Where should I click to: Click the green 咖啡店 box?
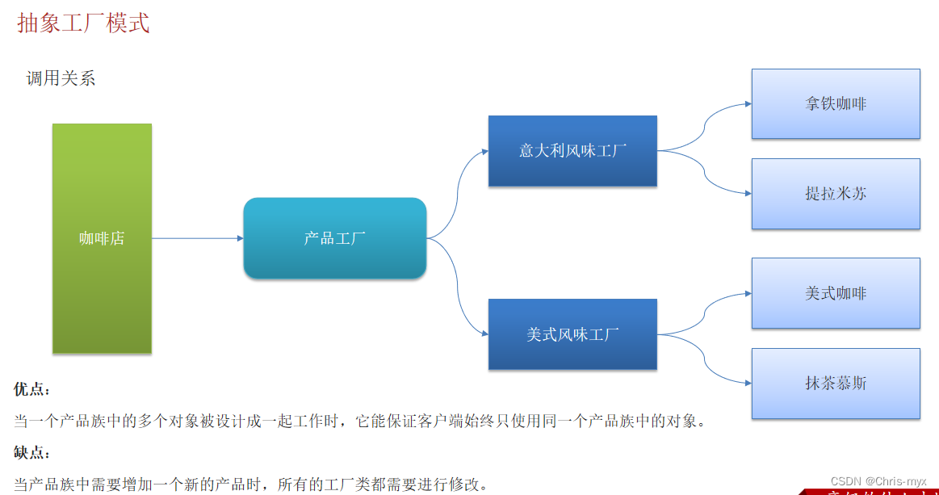[102, 238]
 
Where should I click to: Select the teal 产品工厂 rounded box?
[334, 238]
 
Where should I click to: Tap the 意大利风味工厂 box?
[572, 150]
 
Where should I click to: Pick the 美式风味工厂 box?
[572, 334]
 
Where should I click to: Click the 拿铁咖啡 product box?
[836, 103]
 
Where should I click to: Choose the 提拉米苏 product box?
[836, 194]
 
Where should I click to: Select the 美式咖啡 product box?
[836, 293]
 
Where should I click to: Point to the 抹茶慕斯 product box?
[836, 383]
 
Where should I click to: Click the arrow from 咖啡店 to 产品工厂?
[197, 238]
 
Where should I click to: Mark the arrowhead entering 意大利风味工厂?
[484, 150]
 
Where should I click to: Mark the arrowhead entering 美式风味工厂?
[484, 334]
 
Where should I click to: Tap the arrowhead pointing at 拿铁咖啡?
[748, 104]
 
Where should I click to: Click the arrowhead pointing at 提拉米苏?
[748, 194]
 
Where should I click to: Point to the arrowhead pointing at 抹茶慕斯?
[748, 384]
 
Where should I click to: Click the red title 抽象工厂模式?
[83, 23]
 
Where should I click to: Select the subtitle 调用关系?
[61, 78]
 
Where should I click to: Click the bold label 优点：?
[32, 389]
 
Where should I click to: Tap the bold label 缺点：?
[32, 453]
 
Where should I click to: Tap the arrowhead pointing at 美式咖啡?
[748, 293]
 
